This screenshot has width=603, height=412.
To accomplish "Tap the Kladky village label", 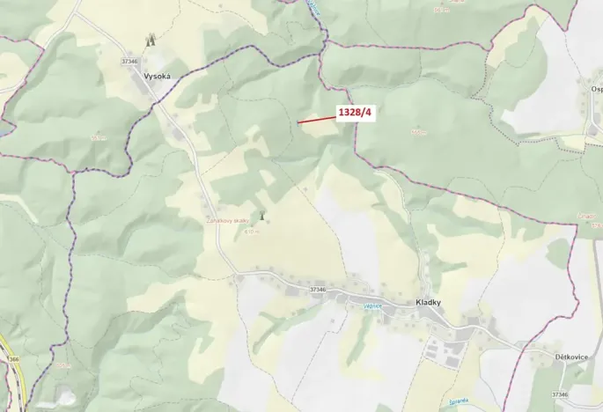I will (428, 303).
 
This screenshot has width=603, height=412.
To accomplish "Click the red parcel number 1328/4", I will (356, 114).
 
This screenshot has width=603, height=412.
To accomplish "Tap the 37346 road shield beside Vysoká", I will (130, 61).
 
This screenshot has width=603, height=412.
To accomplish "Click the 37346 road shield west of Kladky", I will (318, 289).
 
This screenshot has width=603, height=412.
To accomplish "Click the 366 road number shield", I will (13, 359).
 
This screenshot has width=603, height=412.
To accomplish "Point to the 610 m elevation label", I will (251, 232).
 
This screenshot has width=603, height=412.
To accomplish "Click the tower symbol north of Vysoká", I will (151, 40).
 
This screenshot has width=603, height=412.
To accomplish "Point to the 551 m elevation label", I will (98, 136).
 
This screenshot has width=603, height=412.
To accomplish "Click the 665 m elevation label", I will (418, 132).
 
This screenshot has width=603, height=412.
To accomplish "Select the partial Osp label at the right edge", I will (596, 89).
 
